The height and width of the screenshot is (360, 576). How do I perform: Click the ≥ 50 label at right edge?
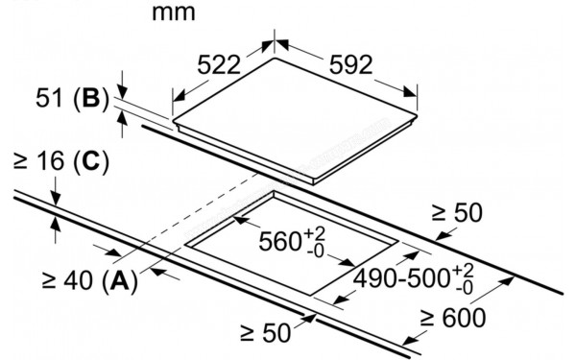[455, 212]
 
